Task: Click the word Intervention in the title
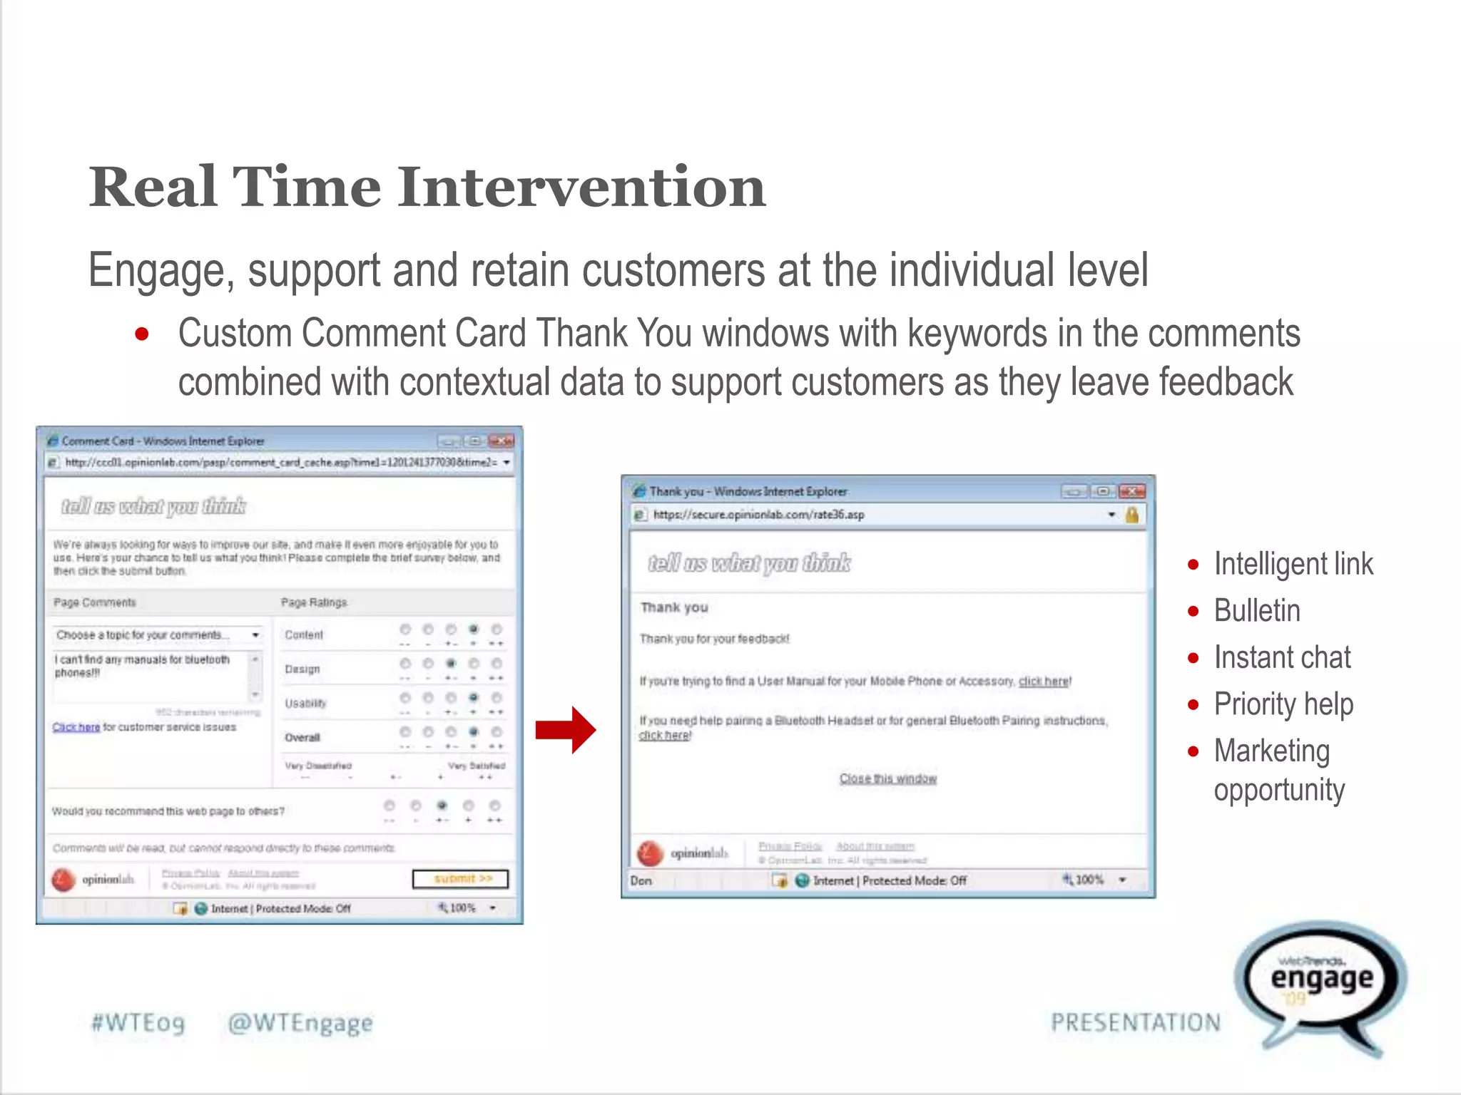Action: tap(581, 187)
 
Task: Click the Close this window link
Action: tap(887, 778)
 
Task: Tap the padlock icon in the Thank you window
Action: tap(1131, 515)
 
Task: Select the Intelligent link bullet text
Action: tap(1293, 564)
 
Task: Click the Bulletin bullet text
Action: tap(1257, 611)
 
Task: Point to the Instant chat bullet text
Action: tap(1282, 657)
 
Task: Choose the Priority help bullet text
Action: tap(1283, 704)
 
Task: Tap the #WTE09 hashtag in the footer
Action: tap(138, 1023)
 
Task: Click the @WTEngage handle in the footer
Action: tap(300, 1023)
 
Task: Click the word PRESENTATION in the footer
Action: tap(1135, 1023)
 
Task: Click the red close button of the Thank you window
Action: tap(1131, 491)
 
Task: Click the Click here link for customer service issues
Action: tap(76, 727)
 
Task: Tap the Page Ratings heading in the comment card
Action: tap(313, 602)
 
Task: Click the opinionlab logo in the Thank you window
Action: tap(682, 853)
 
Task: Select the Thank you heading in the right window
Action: tap(673, 607)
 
